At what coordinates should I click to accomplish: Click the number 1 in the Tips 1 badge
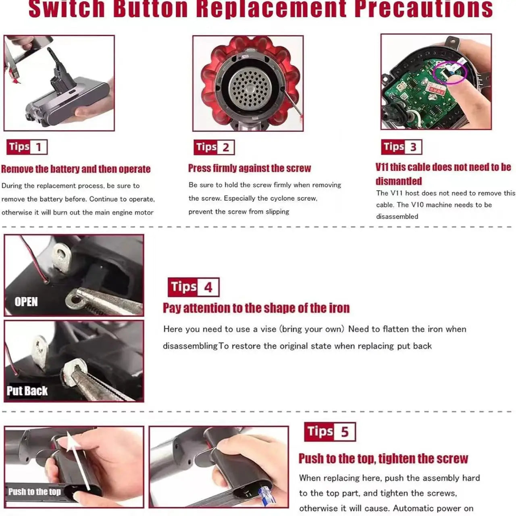point(38,147)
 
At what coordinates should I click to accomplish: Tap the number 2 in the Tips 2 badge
point(226,148)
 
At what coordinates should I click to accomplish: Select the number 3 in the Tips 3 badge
point(413,147)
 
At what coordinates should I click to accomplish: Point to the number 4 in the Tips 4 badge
point(208,287)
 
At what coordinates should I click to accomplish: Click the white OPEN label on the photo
point(26,302)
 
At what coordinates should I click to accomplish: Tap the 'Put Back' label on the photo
point(27,391)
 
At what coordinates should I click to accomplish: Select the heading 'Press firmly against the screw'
point(249,168)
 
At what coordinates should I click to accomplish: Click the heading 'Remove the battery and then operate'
point(76,169)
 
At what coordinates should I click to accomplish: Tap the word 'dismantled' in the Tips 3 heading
point(398,181)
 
